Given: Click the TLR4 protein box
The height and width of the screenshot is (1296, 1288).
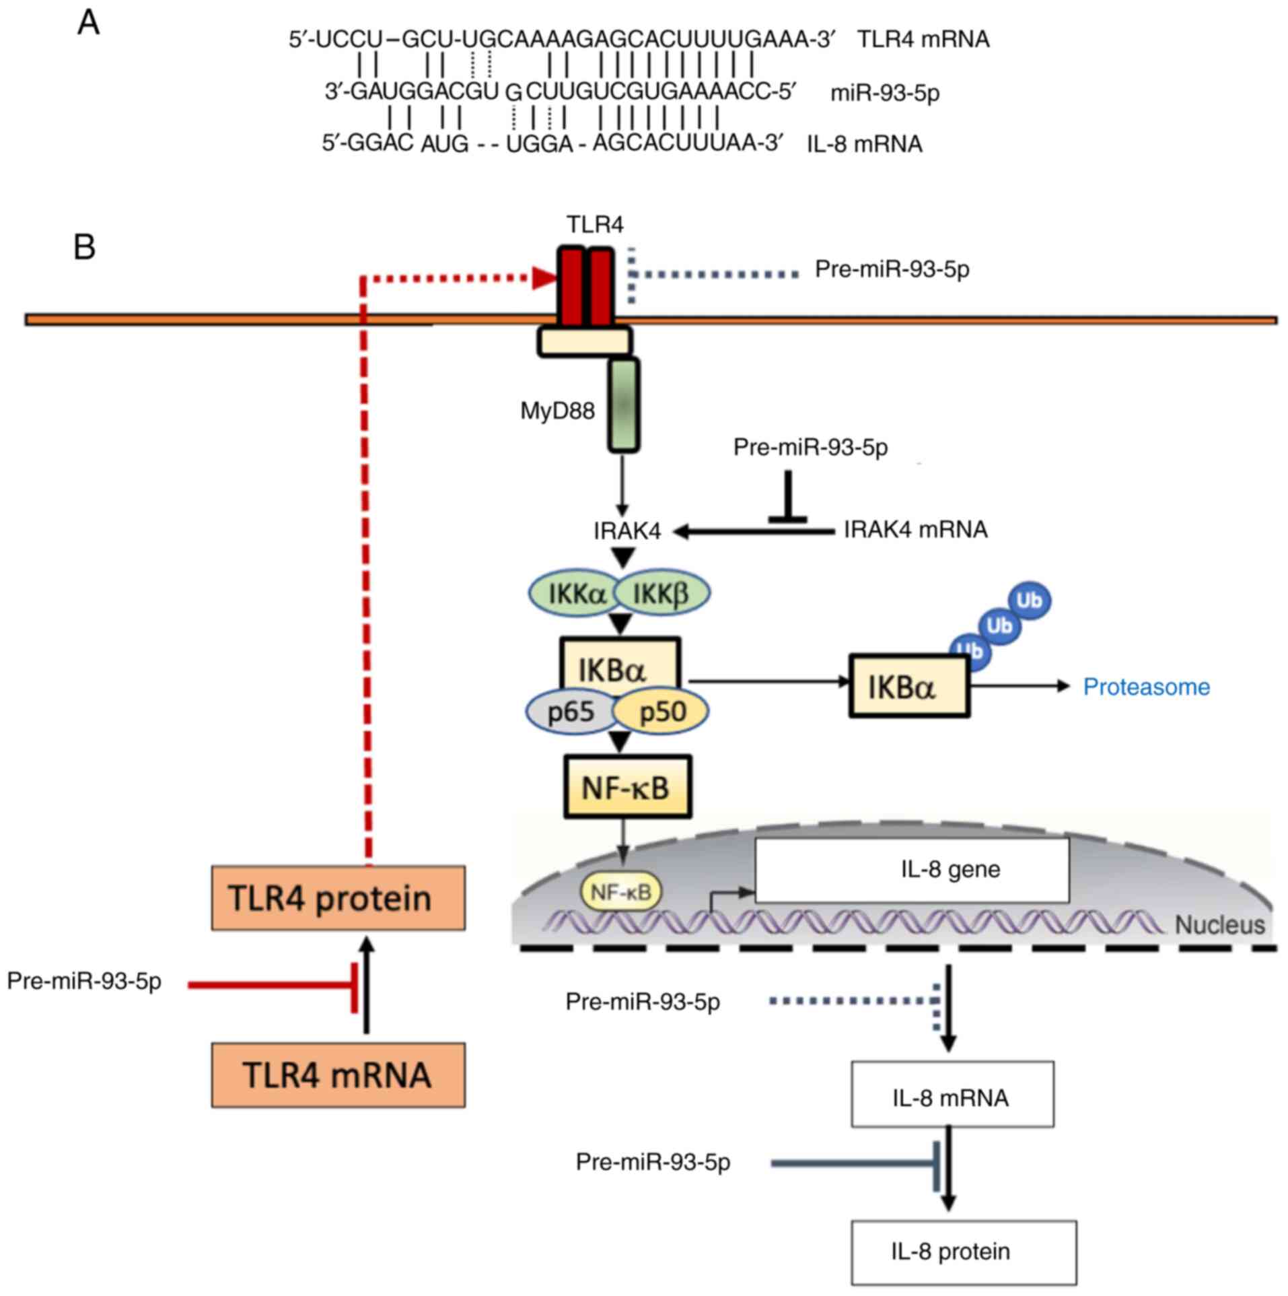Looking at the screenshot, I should [x=338, y=897].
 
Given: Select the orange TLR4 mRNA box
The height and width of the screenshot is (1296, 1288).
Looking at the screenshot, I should [x=338, y=1075].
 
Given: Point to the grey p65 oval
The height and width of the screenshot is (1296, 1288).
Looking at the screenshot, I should [x=571, y=712].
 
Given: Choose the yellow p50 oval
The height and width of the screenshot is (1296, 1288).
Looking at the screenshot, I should [x=663, y=712].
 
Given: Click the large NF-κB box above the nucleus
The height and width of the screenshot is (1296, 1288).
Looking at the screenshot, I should [x=626, y=786].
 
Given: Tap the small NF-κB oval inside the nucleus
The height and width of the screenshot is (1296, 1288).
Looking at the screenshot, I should [x=620, y=892].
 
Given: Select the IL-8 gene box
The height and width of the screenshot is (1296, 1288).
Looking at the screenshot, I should [x=912, y=870].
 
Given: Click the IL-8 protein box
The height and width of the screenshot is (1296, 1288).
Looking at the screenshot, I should [x=963, y=1252].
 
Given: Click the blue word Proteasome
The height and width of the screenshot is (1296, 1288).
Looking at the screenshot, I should [x=1146, y=687].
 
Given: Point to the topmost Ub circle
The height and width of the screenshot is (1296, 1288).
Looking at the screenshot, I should [x=1029, y=600].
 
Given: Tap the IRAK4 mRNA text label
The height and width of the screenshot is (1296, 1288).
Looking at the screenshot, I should [x=915, y=530].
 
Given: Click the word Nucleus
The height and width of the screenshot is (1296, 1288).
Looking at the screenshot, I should [x=1219, y=926].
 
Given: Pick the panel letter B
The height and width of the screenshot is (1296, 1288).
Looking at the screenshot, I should [x=84, y=247].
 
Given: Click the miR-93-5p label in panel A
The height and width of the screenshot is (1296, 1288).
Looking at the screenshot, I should [x=884, y=93].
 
